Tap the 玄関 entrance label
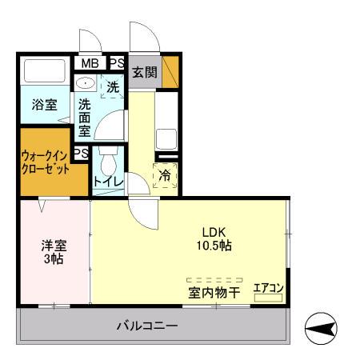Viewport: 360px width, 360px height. pyautogui.click(x=145, y=70)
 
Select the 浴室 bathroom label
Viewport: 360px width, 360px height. pyautogui.click(x=45, y=104)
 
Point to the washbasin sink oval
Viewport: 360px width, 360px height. pyautogui.click(x=86, y=82)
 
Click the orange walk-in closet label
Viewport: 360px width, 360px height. pyautogui.click(x=45, y=162)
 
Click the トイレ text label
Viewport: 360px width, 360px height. pyautogui.click(x=108, y=182)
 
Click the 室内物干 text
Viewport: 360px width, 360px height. pyautogui.click(x=214, y=293)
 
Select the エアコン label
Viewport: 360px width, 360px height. pyautogui.click(x=269, y=288)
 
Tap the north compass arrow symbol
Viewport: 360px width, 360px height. pyautogui.click(x=324, y=328)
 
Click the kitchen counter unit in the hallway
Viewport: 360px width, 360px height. pyautogui.click(x=166, y=124)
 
